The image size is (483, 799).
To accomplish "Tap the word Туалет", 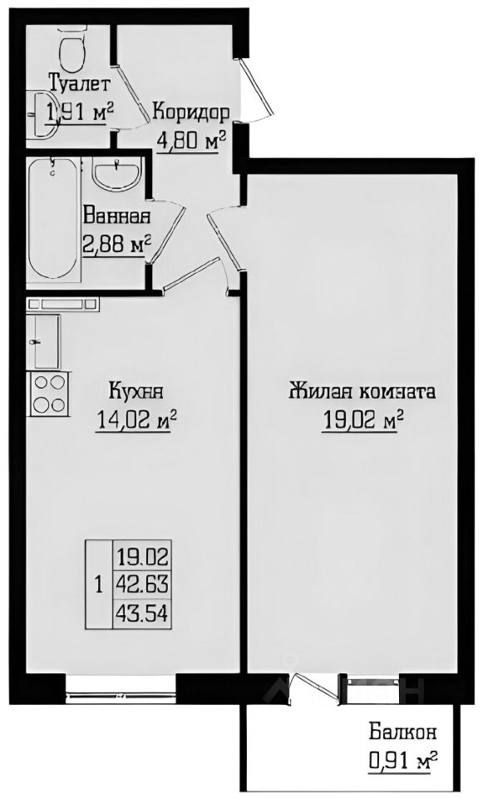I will pyautogui.click(x=79, y=83).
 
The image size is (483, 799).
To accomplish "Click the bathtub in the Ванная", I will pyautogui.click(x=54, y=221).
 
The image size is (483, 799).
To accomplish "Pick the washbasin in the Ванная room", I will pyautogui.click(x=116, y=175).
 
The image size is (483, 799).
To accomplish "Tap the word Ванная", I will pyautogui.click(x=116, y=218).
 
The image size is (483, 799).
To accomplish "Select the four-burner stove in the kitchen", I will pyautogui.click(x=49, y=393).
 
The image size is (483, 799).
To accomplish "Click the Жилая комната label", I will pyautogui.click(x=362, y=391).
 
